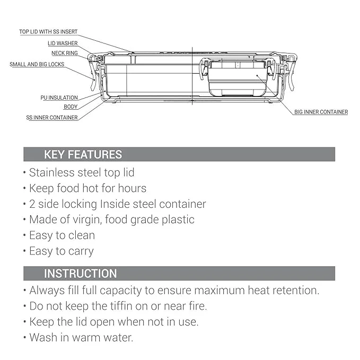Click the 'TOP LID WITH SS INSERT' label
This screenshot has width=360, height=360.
48,32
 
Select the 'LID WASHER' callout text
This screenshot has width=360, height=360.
63,43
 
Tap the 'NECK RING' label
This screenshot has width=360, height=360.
65,53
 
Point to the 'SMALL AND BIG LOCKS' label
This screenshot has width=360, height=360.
37,64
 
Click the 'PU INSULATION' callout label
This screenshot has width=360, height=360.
59,98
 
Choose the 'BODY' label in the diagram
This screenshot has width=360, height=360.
71,107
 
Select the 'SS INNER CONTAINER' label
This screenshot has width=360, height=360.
52,118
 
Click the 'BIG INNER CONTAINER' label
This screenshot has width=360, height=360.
321,112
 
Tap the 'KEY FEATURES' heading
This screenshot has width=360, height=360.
83,154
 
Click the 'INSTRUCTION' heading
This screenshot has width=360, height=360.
81,274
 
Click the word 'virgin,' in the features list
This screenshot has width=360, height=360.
87,219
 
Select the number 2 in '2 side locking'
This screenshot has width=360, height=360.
32,204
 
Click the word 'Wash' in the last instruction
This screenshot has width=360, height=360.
43,338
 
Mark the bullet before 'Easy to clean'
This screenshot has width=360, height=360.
24,235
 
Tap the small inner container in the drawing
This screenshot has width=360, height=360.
238,77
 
